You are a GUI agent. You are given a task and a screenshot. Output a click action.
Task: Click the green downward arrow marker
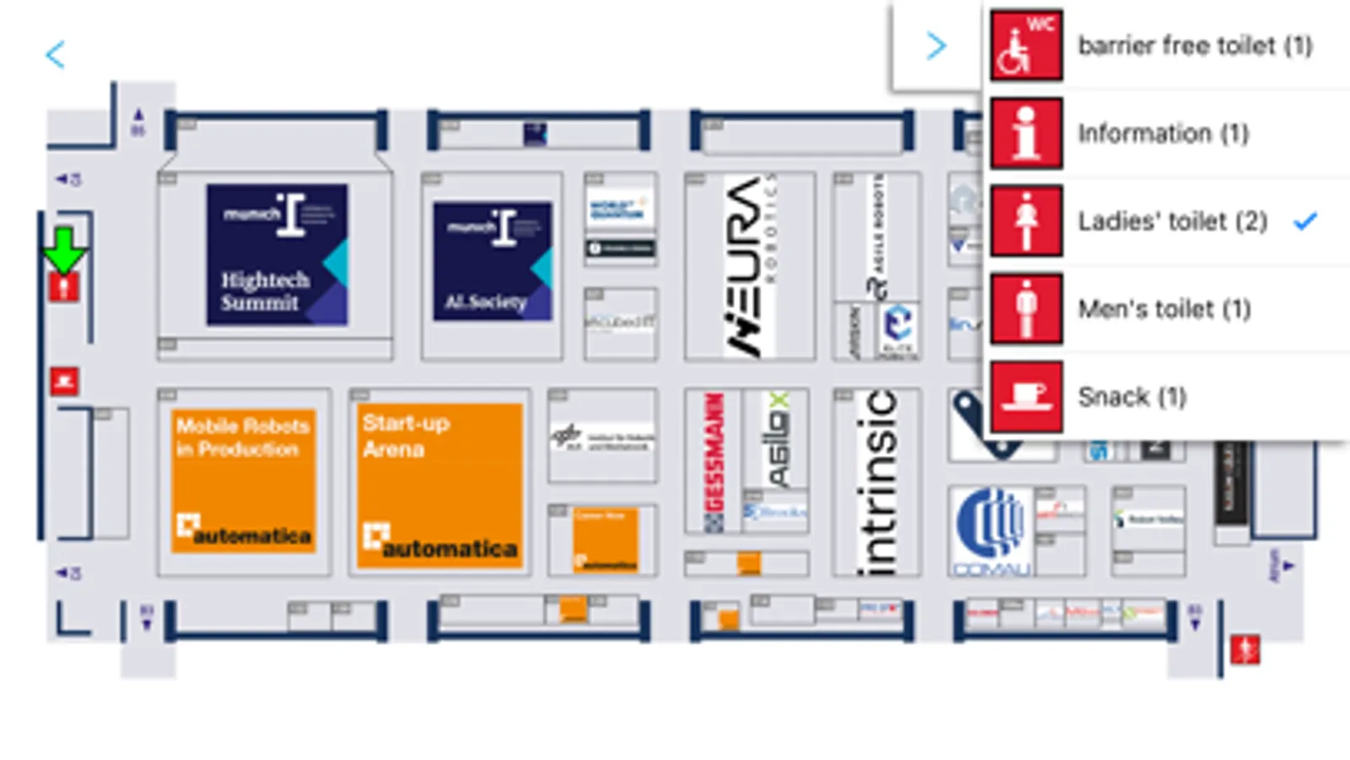click(x=64, y=249)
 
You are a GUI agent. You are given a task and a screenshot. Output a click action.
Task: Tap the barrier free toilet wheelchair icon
click(x=1026, y=45)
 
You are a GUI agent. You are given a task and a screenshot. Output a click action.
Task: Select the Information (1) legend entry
click(x=1163, y=133)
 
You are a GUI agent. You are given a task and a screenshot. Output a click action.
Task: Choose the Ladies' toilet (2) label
click(x=1172, y=221)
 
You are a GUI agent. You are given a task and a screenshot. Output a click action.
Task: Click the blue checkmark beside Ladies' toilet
click(x=1305, y=221)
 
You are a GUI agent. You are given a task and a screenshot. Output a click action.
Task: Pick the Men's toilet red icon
click(x=1026, y=309)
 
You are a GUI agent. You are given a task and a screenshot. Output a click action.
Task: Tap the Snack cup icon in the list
click(x=1026, y=397)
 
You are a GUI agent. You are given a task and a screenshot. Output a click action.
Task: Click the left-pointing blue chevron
click(x=56, y=55)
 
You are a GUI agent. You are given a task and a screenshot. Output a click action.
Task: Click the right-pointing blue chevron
click(x=935, y=46)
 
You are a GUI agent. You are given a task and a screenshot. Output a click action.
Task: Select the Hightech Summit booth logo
click(x=277, y=254)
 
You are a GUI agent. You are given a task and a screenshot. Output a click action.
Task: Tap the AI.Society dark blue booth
click(x=492, y=261)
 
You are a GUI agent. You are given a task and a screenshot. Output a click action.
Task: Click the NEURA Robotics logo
click(x=750, y=266)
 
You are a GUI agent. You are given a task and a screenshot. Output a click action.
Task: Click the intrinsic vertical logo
click(x=876, y=481)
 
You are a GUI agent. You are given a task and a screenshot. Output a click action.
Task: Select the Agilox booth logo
click(x=777, y=439)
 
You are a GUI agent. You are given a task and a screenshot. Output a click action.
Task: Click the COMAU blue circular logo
click(x=991, y=528)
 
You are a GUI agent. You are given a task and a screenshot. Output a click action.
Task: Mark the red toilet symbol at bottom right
click(x=1244, y=649)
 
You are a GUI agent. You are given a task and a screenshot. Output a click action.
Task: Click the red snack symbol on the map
click(x=64, y=381)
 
